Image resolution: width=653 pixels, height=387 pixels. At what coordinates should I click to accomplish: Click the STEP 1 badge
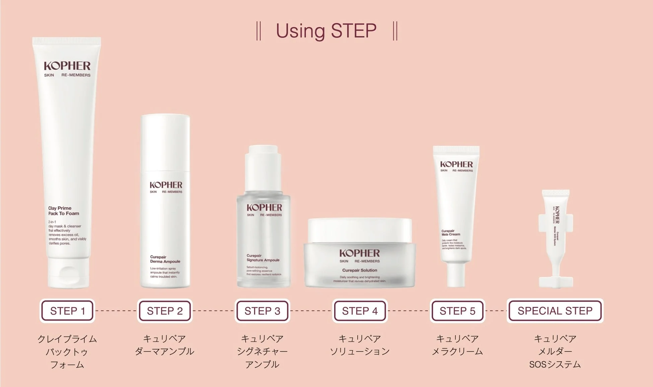pyautogui.click(x=67, y=311)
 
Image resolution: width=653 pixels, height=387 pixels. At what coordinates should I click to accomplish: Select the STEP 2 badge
pyautogui.click(x=165, y=311)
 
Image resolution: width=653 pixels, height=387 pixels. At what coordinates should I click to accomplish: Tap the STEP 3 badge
pyautogui.click(x=262, y=311)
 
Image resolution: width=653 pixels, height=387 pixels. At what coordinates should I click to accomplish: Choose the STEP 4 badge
pyautogui.click(x=360, y=311)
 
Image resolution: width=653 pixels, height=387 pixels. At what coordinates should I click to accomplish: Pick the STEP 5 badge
pyautogui.click(x=457, y=311)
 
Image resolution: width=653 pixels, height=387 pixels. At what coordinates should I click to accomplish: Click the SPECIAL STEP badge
pyautogui.click(x=555, y=311)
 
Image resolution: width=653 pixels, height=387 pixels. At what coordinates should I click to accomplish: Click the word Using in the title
pyautogui.click(x=300, y=31)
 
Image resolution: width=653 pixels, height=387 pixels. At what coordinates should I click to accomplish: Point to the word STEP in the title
pyautogui.click(x=354, y=31)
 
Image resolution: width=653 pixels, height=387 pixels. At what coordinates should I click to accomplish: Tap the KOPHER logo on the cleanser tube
pyautogui.click(x=67, y=66)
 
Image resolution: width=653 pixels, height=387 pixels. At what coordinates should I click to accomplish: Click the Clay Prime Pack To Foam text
pyautogui.click(x=63, y=211)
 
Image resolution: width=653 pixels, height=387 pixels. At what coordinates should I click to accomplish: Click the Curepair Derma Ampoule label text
pyautogui.click(x=165, y=259)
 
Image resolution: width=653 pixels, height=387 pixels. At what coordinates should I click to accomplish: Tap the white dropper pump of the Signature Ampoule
pyautogui.click(x=263, y=168)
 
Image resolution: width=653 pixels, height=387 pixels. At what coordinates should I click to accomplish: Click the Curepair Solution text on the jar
pyautogui.click(x=359, y=270)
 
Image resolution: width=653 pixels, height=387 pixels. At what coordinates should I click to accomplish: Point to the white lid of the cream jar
pyautogui.click(x=360, y=230)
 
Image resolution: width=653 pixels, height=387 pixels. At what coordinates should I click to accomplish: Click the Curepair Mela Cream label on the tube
pyautogui.click(x=450, y=233)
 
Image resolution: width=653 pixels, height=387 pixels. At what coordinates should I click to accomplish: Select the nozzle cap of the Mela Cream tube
pyautogui.click(x=456, y=275)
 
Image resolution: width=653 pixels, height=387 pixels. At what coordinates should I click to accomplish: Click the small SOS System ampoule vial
pyautogui.click(x=556, y=238)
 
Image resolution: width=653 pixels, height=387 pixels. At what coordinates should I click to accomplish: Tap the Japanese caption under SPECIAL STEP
pyautogui.click(x=555, y=351)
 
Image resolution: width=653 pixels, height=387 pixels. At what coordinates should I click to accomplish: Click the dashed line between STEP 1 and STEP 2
pyautogui.click(x=116, y=311)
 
